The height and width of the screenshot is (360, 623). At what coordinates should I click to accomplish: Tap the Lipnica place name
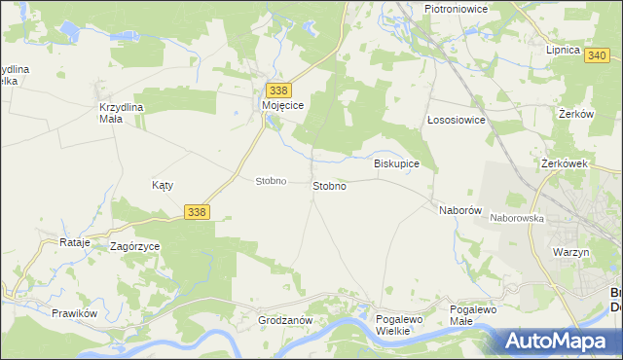point(563,50)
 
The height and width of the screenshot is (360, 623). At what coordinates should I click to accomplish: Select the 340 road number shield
point(599,56)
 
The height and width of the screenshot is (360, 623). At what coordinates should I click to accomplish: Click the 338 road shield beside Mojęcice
point(277,90)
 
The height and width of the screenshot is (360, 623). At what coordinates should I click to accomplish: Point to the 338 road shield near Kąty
point(197,211)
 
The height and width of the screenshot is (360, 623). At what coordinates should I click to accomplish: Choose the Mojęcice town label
point(284,105)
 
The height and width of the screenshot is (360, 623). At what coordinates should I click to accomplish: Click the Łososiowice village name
point(457,121)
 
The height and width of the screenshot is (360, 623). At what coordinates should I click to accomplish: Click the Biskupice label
point(396,163)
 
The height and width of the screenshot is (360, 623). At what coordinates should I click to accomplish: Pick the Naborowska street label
point(517,219)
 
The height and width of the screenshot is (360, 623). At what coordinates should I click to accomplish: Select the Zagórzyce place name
point(135,247)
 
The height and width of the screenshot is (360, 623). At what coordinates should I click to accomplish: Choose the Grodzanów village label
point(283,320)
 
